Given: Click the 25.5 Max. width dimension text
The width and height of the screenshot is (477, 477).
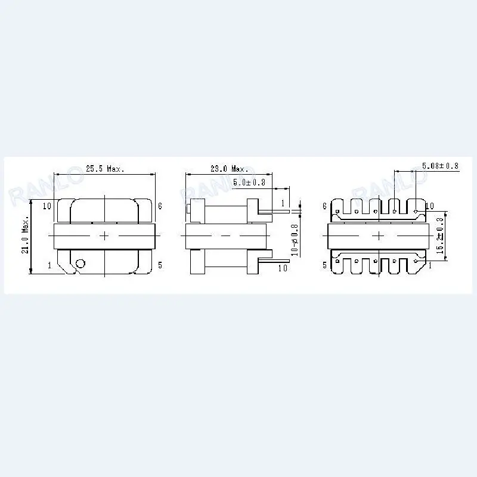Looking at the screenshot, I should point(104,169).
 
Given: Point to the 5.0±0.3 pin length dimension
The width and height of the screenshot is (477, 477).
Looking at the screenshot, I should point(249,182).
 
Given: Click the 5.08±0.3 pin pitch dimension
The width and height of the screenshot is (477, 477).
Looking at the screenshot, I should point(439,166).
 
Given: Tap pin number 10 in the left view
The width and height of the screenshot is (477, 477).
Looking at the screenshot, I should point(48,206).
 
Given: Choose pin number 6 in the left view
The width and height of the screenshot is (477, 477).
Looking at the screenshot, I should point(160,206).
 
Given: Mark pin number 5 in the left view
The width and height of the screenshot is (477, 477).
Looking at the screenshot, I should point(160,265).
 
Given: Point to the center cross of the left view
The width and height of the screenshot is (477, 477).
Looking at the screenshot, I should point(105,236).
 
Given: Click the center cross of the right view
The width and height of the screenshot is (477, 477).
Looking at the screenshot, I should point(379,236).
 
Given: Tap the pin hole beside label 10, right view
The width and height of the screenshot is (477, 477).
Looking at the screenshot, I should point(416,210).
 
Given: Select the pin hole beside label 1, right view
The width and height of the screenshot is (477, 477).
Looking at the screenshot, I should point(416,261).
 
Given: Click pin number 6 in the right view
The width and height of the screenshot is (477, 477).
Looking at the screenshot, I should point(324,206).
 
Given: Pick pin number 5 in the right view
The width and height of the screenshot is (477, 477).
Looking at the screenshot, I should point(324,265).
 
